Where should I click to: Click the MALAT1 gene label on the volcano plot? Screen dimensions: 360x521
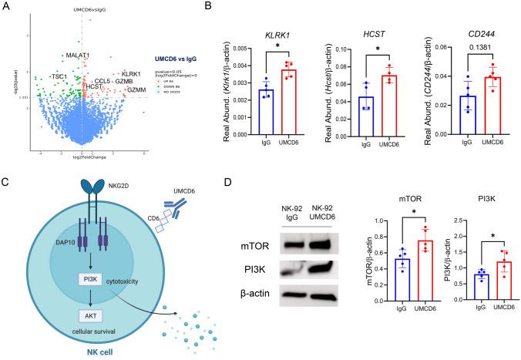[77, 56]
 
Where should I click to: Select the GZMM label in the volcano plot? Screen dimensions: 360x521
[136, 89]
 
